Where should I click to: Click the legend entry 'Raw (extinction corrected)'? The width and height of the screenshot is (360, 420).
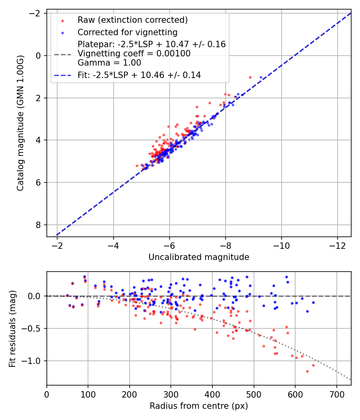(132, 20)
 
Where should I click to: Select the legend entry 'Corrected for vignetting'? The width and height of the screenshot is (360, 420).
(128, 32)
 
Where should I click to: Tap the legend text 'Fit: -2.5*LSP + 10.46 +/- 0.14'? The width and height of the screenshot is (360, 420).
(139, 75)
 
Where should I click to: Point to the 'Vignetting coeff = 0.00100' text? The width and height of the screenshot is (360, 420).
(134, 54)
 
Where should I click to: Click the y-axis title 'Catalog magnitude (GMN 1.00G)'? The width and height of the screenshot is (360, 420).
(20, 123)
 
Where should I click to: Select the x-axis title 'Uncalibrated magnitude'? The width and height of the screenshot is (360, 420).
(199, 257)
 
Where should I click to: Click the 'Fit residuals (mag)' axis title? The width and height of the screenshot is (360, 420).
(12, 328)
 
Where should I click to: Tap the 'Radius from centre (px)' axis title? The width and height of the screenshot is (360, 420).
(199, 406)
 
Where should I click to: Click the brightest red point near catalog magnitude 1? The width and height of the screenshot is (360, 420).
(250, 77)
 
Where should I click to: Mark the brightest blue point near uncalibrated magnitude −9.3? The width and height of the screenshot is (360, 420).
(261, 77)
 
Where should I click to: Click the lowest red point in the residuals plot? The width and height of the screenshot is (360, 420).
(307, 371)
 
